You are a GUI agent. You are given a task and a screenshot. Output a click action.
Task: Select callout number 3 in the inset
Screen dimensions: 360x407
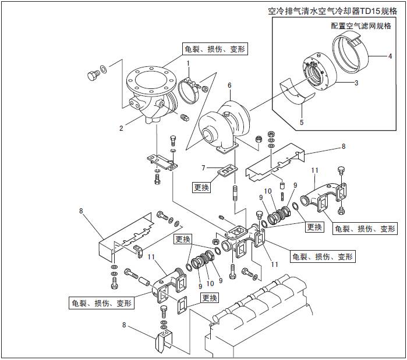(x=356, y=83)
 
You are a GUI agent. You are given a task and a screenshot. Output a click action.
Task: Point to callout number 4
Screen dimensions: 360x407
(x=390, y=56)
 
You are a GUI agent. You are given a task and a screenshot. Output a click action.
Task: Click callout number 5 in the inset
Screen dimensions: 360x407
(x=302, y=122)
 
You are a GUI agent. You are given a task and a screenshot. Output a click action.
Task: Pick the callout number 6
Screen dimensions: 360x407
(x=229, y=85)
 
